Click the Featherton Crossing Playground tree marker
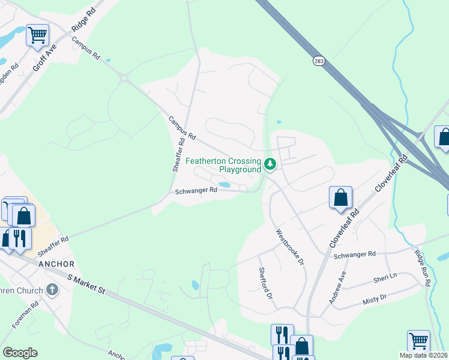270,163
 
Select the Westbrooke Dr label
290,247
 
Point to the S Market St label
86,284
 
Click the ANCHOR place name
56,264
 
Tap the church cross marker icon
52,291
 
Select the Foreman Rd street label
26,314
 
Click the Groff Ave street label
44,58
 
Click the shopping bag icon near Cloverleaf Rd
340,197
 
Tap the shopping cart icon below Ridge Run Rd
418,341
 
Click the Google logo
20,353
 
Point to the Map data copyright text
423,355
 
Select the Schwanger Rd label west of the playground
196,191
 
